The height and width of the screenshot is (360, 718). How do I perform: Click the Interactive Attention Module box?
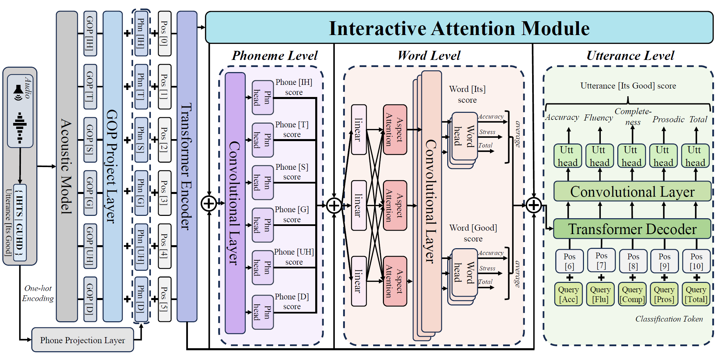(x=459, y=28)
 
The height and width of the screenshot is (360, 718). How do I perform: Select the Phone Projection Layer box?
(x=83, y=340)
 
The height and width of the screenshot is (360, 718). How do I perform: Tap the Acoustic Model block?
(x=67, y=166)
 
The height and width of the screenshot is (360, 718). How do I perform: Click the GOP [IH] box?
(x=90, y=33)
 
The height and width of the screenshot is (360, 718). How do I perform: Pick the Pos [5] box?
(x=164, y=299)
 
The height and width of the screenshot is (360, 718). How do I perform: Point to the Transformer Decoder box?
(x=632, y=229)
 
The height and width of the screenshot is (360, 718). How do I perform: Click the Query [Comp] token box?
(x=632, y=294)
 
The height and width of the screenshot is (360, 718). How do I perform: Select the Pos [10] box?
(x=696, y=261)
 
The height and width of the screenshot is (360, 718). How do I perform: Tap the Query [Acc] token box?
(x=568, y=294)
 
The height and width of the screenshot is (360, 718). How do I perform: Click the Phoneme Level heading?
(x=274, y=56)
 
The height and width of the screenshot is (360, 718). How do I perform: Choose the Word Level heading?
(x=429, y=56)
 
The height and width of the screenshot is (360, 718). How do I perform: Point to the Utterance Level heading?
(x=630, y=56)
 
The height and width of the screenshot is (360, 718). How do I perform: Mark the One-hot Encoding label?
(x=38, y=293)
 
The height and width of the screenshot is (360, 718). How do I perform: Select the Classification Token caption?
(x=669, y=319)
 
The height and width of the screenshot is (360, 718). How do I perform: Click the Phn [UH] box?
(x=141, y=247)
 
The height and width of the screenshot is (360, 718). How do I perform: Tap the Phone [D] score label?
(x=292, y=301)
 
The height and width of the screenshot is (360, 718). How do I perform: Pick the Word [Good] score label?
(x=473, y=233)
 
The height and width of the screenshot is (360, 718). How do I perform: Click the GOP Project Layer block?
(x=112, y=166)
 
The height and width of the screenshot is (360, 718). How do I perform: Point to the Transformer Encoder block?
(x=187, y=166)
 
